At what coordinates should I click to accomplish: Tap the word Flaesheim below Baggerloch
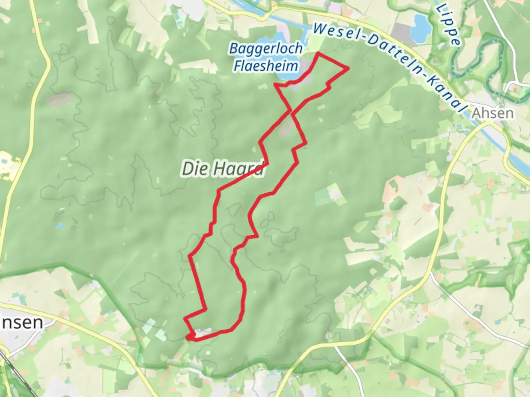(x=266, y=67)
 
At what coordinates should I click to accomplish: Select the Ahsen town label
(x=492, y=113)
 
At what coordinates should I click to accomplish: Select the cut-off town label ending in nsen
(x=22, y=323)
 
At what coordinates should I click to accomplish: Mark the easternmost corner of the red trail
(x=348, y=68)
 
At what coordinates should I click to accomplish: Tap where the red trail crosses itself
(x=291, y=110)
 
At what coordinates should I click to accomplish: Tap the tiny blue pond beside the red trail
(x=305, y=149)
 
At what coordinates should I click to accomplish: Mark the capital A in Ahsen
(x=476, y=113)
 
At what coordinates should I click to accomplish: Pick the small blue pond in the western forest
(x=59, y=225)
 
